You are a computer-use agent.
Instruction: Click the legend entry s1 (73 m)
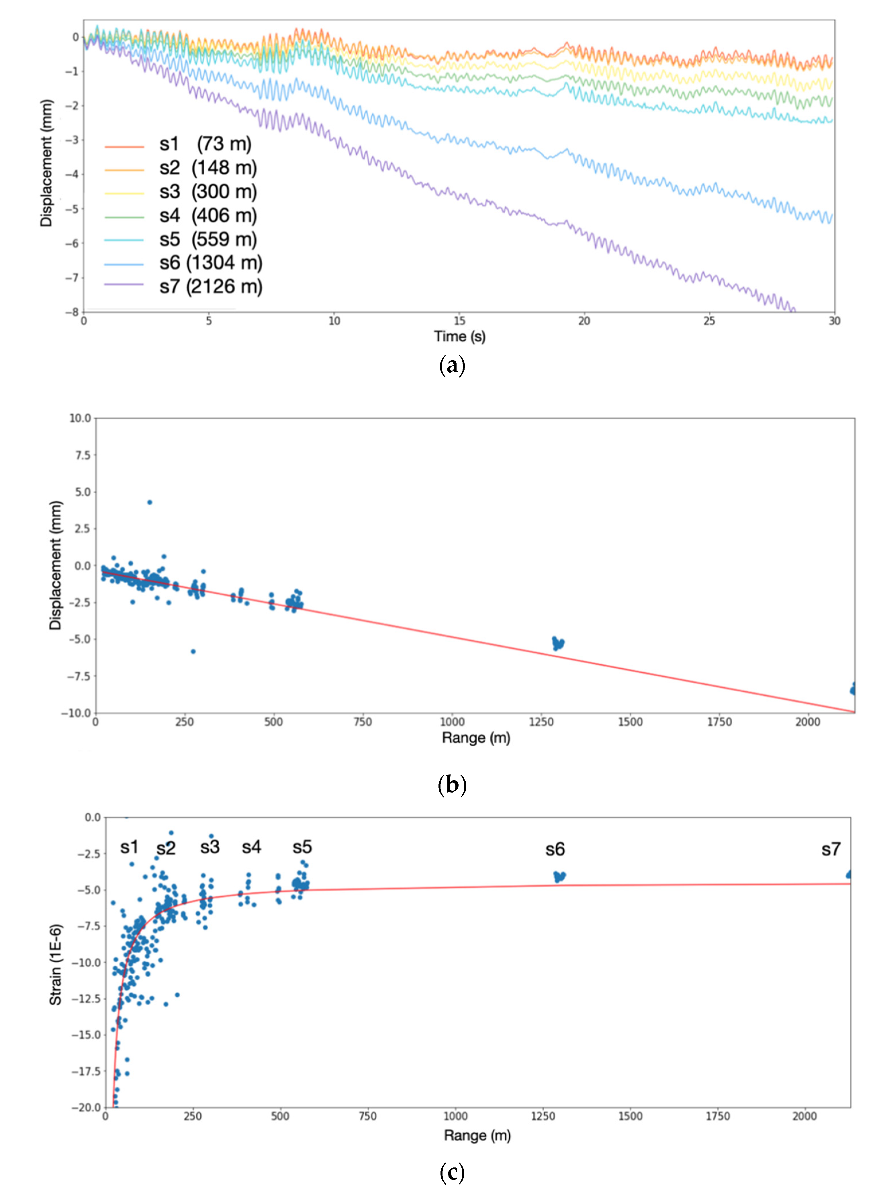205,144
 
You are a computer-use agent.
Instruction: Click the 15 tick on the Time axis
459,321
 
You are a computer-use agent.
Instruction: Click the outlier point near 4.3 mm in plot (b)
150,502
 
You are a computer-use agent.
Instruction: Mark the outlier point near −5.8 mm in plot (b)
193,651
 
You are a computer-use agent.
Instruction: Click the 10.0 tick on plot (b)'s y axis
80,418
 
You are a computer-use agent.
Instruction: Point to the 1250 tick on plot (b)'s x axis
541,722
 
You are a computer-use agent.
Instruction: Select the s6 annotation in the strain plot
555,849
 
